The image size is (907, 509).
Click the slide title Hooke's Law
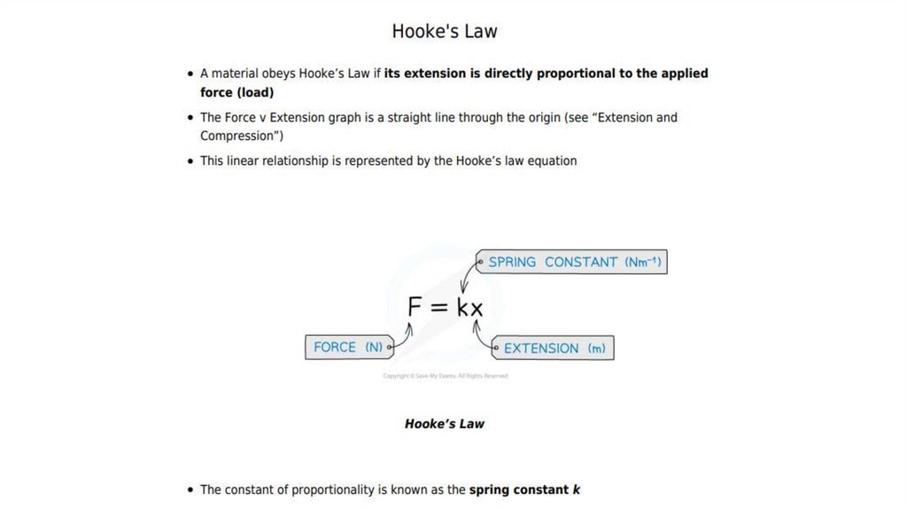point(445,31)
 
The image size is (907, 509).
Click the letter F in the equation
point(415,307)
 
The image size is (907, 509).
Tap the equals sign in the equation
point(440,307)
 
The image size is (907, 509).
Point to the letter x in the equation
point(477,309)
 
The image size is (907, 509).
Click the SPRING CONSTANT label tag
point(574,262)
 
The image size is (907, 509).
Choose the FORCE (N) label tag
point(348,347)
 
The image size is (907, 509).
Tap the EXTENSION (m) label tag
point(554,348)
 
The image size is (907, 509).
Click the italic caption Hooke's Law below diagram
point(445,424)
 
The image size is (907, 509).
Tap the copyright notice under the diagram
point(446,376)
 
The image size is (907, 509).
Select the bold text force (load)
point(236,92)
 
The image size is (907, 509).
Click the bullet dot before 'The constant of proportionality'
point(190,490)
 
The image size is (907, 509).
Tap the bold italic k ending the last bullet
point(577,489)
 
